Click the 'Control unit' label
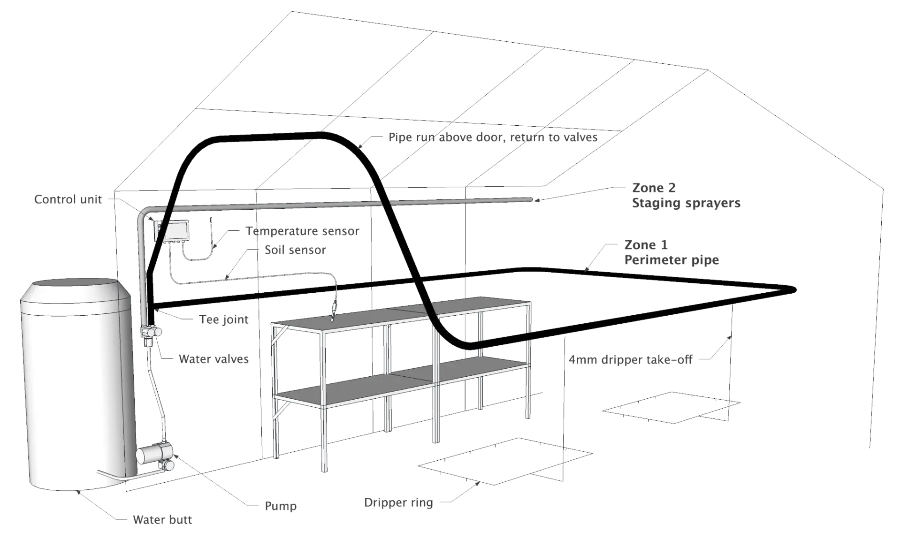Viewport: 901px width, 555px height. (x=68, y=199)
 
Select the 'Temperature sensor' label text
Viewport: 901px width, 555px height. (x=303, y=231)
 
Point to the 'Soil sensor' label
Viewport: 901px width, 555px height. (x=295, y=250)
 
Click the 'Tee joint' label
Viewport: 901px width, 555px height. (x=224, y=320)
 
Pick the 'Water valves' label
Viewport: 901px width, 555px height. (x=214, y=359)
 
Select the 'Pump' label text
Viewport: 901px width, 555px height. (x=280, y=506)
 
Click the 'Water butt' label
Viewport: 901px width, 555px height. (x=162, y=520)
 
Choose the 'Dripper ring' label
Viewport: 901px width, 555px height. (x=398, y=503)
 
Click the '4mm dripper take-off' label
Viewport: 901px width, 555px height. (x=631, y=360)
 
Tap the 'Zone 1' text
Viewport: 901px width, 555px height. (x=646, y=245)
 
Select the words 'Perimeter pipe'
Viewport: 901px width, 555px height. (x=672, y=260)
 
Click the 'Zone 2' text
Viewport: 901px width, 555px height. (x=654, y=188)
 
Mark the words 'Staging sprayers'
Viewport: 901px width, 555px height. (x=686, y=204)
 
